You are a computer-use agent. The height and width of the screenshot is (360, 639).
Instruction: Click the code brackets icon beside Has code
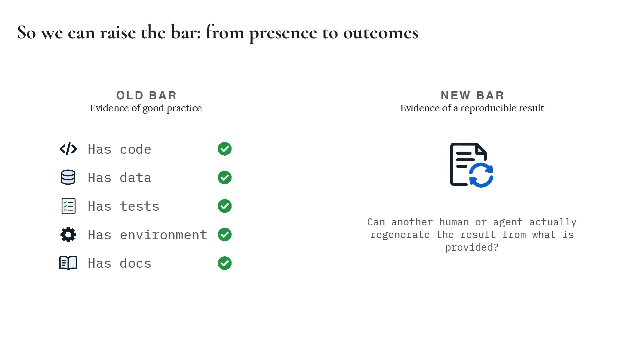pyautogui.click(x=68, y=149)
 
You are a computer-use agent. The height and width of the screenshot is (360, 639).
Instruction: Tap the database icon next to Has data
pyautogui.click(x=68, y=177)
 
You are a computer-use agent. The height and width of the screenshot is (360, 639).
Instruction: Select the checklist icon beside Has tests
pyautogui.click(x=69, y=206)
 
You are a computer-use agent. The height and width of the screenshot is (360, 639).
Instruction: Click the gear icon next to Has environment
pyautogui.click(x=68, y=235)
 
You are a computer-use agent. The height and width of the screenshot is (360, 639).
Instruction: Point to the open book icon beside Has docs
pyautogui.click(x=68, y=263)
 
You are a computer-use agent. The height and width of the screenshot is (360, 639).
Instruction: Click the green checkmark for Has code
pyautogui.click(x=225, y=149)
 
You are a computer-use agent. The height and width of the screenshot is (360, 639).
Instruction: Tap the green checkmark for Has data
pyautogui.click(x=225, y=177)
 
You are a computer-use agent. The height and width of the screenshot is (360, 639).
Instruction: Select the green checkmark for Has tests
pyautogui.click(x=225, y=206)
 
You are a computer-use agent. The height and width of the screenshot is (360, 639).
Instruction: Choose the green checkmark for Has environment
pyautogui.click(x=225, y=235)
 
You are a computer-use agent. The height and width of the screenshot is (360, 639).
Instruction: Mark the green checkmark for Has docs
pyautogui.click(x=225, y=263)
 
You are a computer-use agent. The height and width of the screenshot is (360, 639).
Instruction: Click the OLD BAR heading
pyautogui.click(x=146, y=95)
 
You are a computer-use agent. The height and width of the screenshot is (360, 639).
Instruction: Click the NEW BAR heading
pyautogui.click(x=472, y=95)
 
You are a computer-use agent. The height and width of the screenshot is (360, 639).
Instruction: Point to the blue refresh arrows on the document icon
pyautogui.click(x=481, y=175)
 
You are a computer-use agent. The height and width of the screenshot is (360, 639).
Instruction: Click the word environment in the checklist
pyautogui.click(x=164, y=235)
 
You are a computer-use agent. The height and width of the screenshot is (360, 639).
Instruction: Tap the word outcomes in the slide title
pyautogui.click(x=381, y=33)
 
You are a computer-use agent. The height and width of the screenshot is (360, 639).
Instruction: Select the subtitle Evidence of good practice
pyautogui.click(x=146, y=108)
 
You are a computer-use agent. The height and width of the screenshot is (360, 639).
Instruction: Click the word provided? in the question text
pyautogui.click(x=472, y=247)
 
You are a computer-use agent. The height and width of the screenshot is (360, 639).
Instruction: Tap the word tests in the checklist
pyautogui.click(x=140, y=206)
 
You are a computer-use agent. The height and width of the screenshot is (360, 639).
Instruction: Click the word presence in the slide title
pyautogui.click(x=283, y=33)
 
